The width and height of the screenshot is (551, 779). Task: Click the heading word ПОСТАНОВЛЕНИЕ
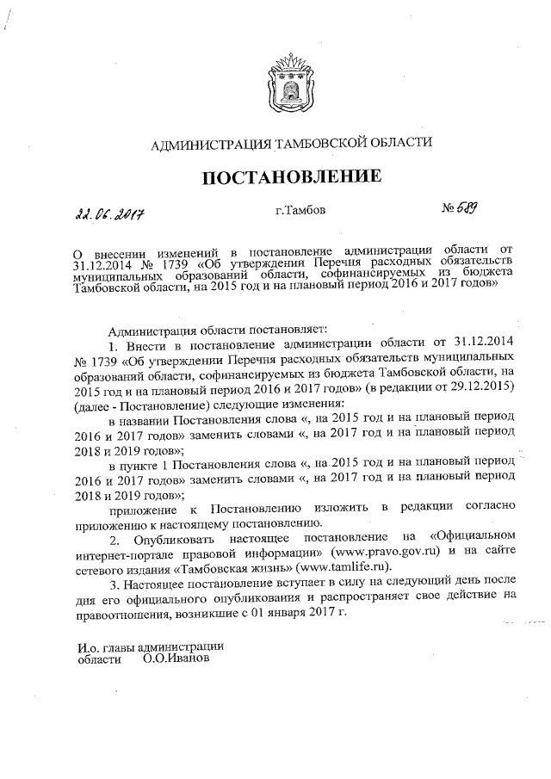[x=291, y=177]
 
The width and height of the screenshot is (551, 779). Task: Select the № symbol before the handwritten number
[x=448, y=208]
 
